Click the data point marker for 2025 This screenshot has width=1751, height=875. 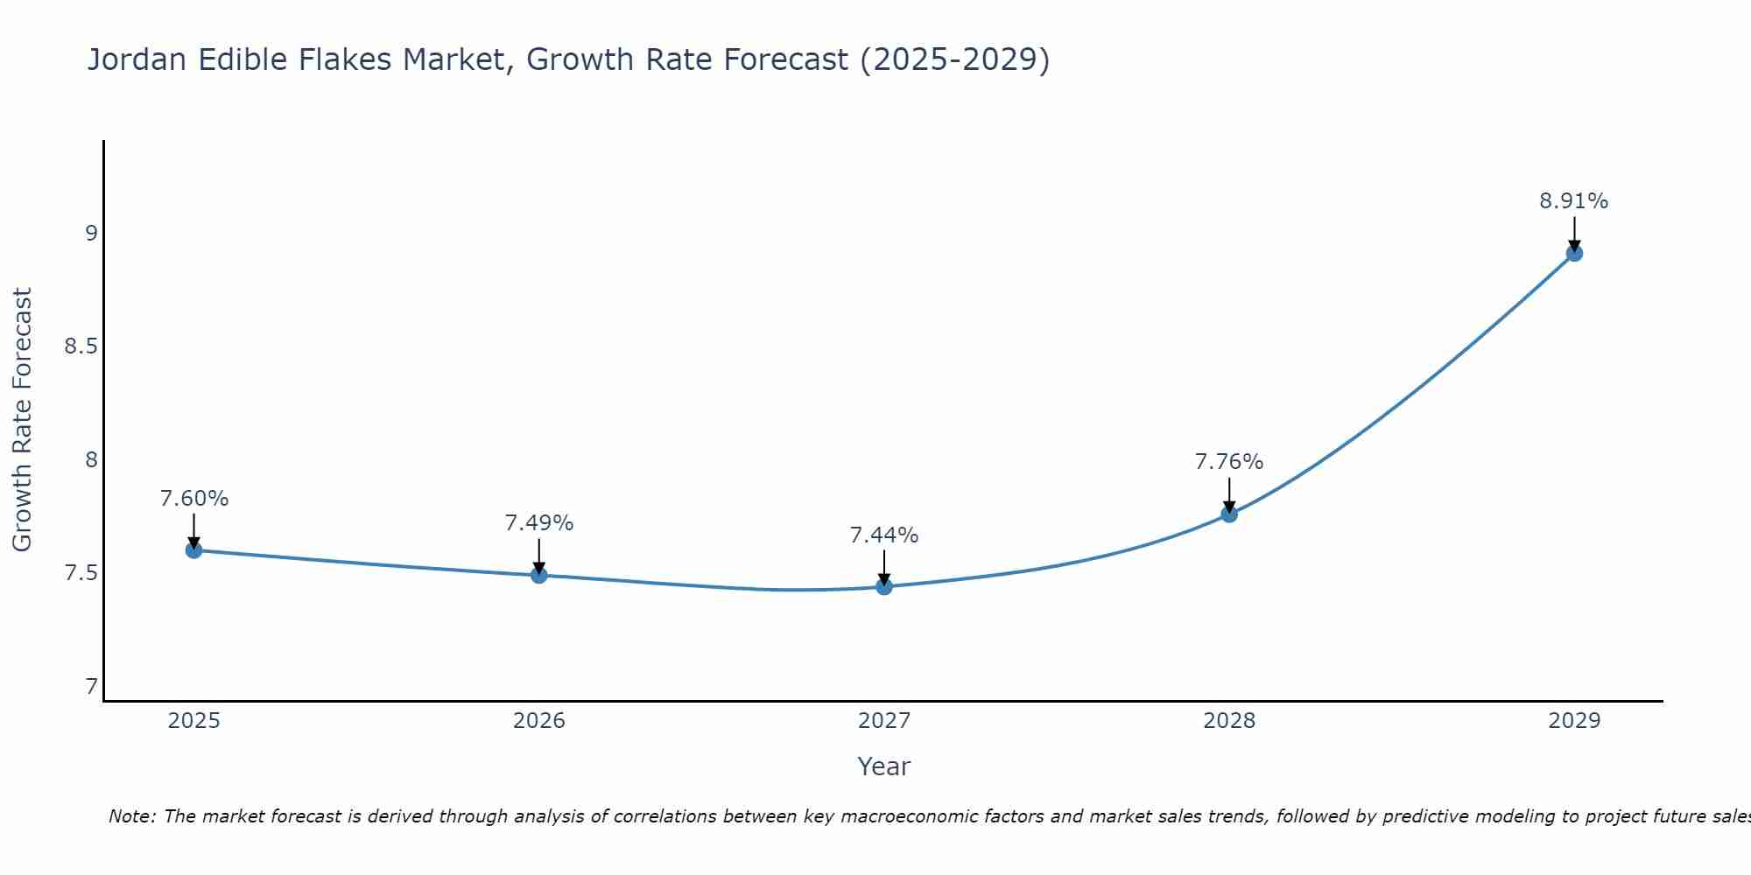[x=193, y=550]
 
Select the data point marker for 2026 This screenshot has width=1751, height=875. [x=539, y=575]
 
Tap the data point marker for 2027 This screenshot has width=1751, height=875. [x=884, y=586]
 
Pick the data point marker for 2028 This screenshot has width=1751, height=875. [x=1229, y=514]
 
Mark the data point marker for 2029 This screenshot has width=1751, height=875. [x=1574, y=254]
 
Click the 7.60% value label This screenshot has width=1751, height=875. [x=193, y=499]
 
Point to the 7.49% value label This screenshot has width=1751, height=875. [x=539, y=523]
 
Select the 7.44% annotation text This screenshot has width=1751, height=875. [x=884, y=535]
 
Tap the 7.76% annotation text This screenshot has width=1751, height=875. [x=1229, y=461]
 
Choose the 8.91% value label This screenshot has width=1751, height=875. [x=1574, y=201]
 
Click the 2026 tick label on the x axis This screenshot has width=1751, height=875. [x=539, y=721]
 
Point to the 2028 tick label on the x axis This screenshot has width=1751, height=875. [x=1229, y=721]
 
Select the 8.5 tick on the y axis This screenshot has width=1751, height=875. [x=81, y=346]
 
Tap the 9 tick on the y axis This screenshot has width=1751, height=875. [x=91, y=234]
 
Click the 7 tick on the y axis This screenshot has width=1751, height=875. [x=91, y=687]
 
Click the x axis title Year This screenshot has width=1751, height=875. [x=884, y=766]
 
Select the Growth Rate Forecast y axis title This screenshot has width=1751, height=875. [x=22, y=419]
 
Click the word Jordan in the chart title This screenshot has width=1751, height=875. [x=137, y=59]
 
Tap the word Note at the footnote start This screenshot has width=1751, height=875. [x=131, y=816]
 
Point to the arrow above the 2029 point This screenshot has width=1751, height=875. [x=1574, y=234]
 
